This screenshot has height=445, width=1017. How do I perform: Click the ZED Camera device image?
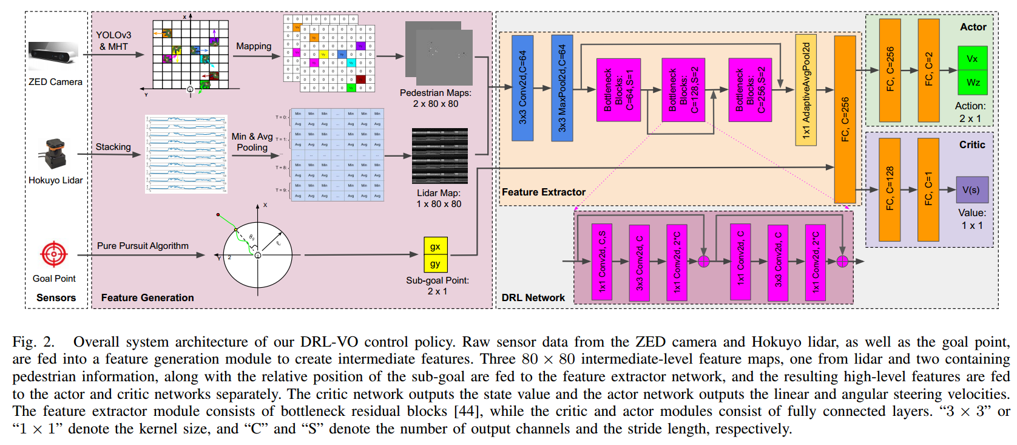pyautogui.click(x=53, y=55)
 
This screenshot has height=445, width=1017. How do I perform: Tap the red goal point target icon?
pyautogui.click(x=53, y=254)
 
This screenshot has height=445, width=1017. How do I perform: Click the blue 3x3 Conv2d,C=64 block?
pyautogui.click(x=522, y=88)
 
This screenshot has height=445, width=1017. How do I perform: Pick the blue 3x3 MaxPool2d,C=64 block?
pyautogui.click(x=561, y=88)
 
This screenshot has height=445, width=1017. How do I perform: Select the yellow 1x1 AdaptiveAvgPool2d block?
pyautogui.click(x=805, y=90)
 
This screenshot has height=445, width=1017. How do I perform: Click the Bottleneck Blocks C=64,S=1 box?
pyautogui.click(x=618, y=90)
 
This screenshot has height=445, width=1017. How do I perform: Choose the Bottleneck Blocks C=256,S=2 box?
pyautogui.click(x=749, y=90)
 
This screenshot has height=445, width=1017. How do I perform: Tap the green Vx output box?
pyautogui.click(x=972, y=59)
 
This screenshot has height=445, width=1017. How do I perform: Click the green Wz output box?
pyautogui.click(x=972, y=83)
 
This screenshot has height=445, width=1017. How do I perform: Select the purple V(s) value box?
pyautogui.click(x=971, y=190)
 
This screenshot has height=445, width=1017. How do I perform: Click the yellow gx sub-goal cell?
pyautogui.click(x=435, y=246)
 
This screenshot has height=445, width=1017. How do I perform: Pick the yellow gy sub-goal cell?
pyautogui.click(x=435, y=264)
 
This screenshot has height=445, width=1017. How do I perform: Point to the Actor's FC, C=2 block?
pyautogui.click(x=928, y=70)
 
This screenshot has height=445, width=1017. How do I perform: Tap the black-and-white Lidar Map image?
pyautogui.click(x=439, y=156)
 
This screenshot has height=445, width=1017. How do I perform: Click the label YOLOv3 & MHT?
pyautogui.click(x=113, y=41)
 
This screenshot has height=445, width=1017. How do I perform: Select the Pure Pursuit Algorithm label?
pyautogui.click(x=143, y=246)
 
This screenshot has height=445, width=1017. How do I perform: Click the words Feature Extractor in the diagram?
pyautogui.click(x=543, y=192)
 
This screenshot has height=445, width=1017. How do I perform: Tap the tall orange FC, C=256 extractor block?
pyautogui.click(x=845, y=119)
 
